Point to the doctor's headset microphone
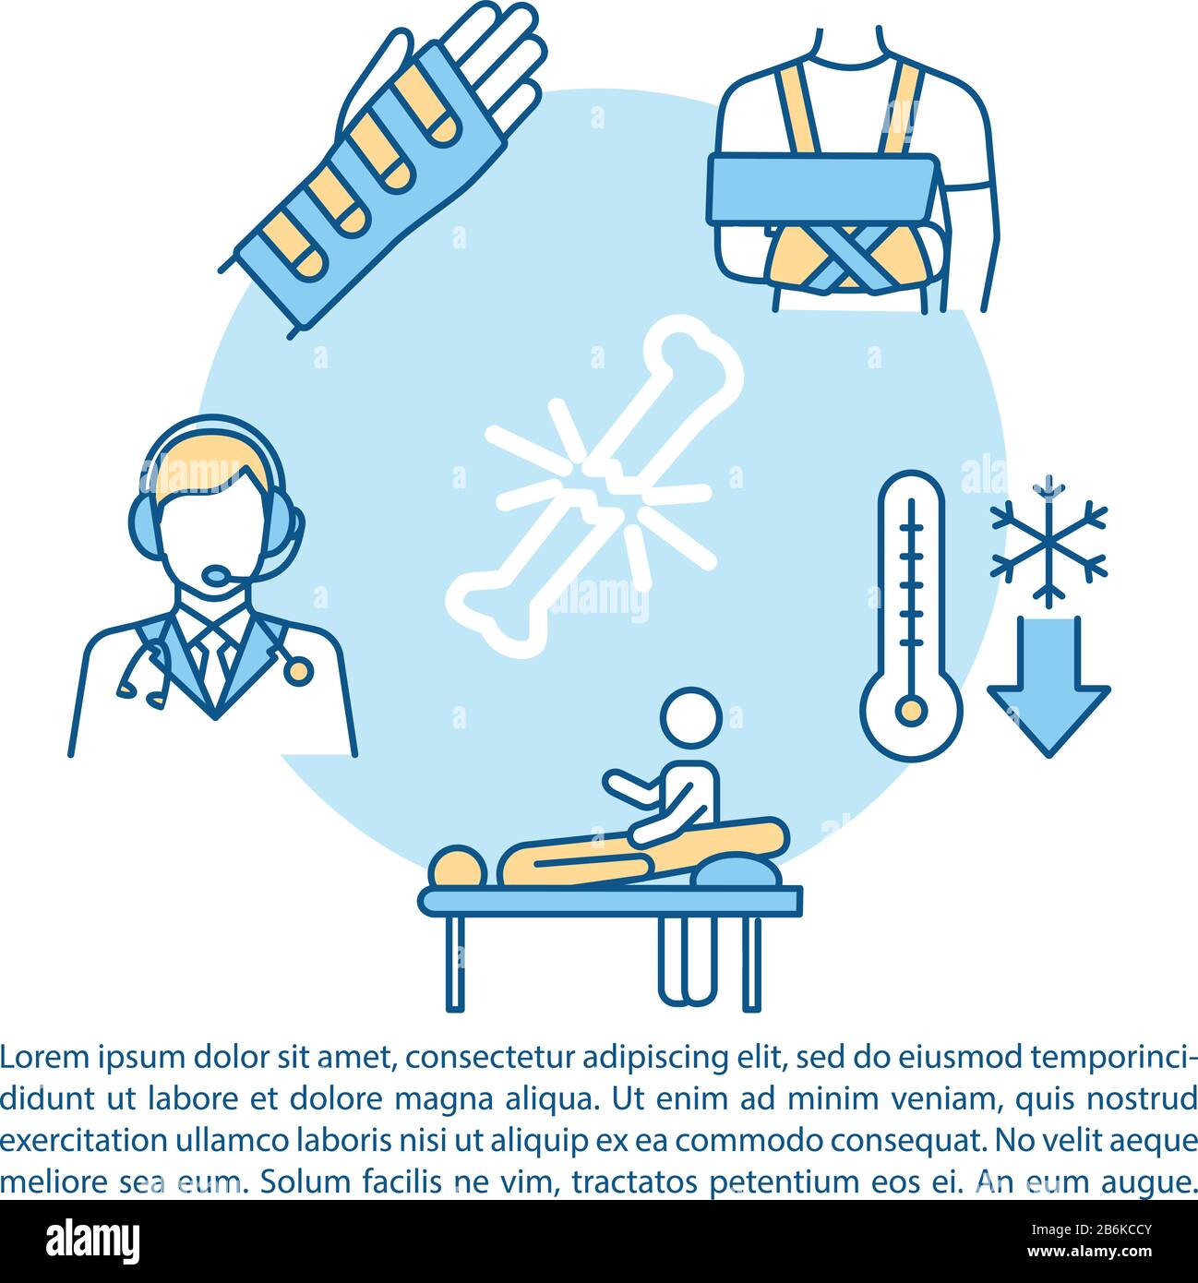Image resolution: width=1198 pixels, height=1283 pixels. (217, 576)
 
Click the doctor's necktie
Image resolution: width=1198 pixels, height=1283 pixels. (212, 666)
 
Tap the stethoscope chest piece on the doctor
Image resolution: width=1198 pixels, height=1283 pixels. (296, 670)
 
